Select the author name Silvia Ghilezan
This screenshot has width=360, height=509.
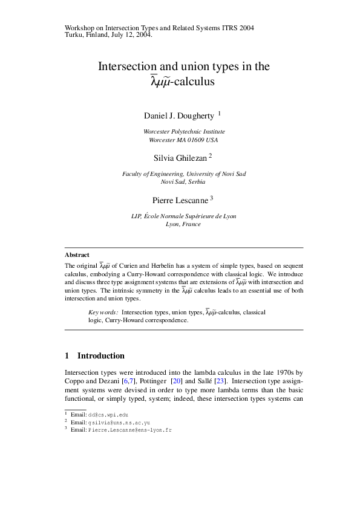[x=180, y=157]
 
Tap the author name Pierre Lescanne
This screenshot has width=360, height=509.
[x=179, y=198]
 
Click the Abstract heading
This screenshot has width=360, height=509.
[x=77, y=255]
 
